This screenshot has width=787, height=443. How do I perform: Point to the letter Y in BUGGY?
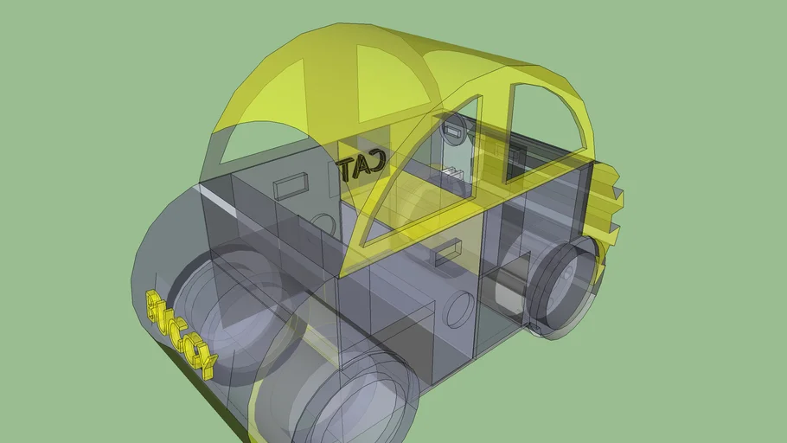point(204,360)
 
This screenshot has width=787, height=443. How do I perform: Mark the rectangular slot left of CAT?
point(291,184)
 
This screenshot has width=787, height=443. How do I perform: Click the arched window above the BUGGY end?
point(251,143)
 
